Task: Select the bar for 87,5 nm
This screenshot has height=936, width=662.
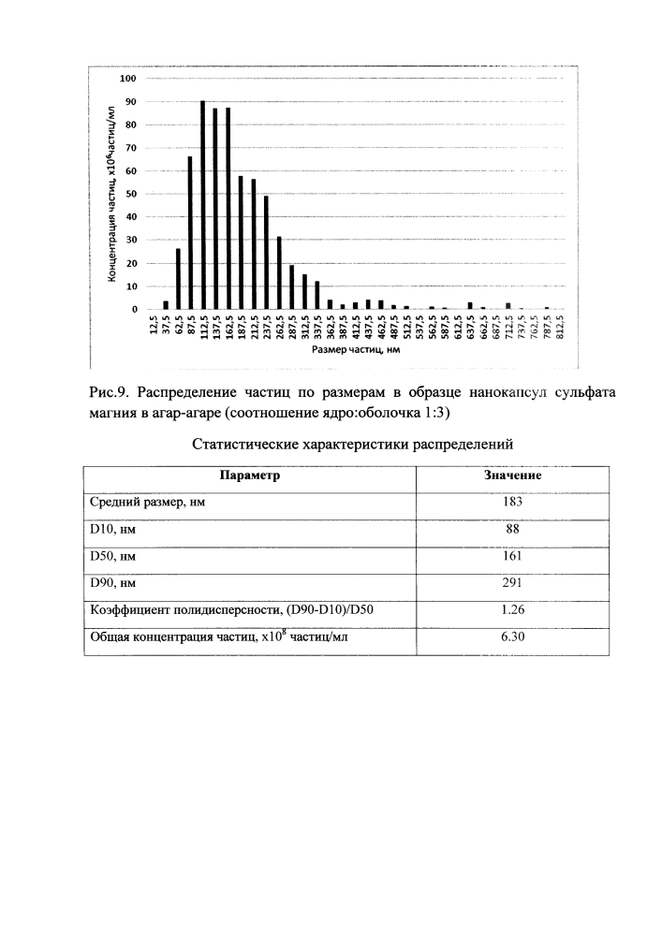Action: coord(190,232)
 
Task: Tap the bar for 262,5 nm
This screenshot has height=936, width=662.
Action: coord(279,272)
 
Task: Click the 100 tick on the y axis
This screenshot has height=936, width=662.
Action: coord(129,79)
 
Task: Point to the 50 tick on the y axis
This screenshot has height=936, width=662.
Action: coord(132,194)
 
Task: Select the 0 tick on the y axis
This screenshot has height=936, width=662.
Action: coord(135,309)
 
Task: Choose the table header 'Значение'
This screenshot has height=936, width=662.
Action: coord(513,475)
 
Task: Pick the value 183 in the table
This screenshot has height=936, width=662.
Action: coord(513,502)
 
